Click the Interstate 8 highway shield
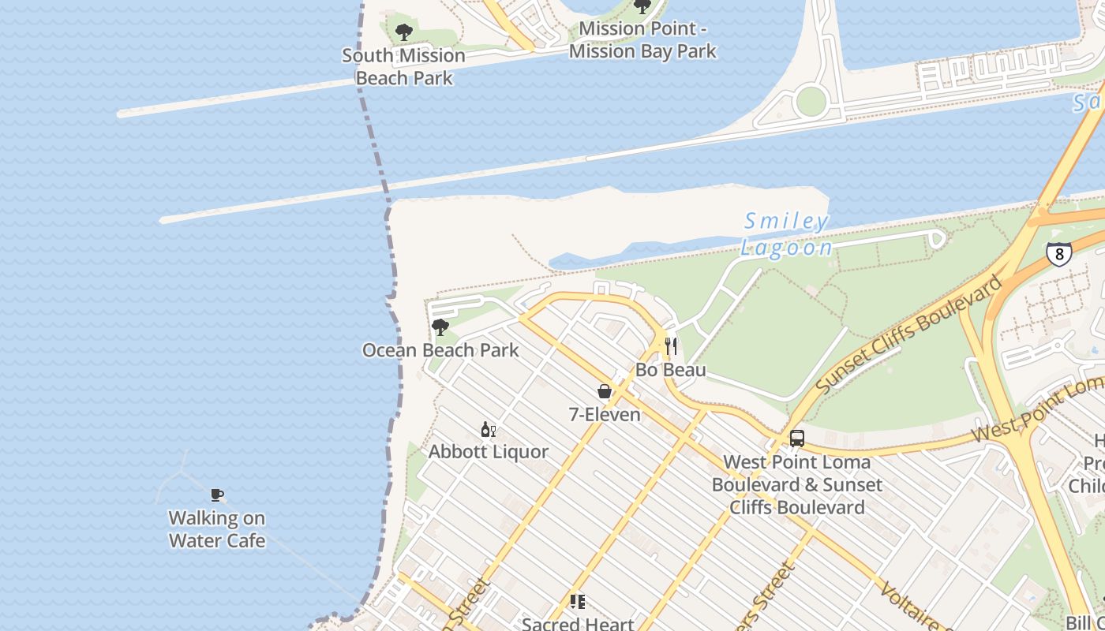(x=1058, y=253)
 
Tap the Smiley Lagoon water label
(x=786, y=234)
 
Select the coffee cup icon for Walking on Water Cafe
(x=217, y=495)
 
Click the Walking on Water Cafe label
(x=217, y=529)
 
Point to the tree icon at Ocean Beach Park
(x=440, y=327)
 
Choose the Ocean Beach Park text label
(x=440, y=350)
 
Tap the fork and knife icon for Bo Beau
(x=671, y=346)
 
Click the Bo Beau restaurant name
(x=671, y=370)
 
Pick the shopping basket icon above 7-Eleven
(x=605, y=390)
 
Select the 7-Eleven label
(x=605, y=414)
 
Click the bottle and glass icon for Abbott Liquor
(x=488, y=429)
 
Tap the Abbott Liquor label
(x=488, y=452)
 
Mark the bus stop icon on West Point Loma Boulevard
(x=797, y=439)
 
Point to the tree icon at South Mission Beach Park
(x=403, y=32)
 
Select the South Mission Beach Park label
(x=403, y=66)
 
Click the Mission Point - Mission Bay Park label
(x=642, y=40)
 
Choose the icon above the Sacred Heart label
(x=578, y=602)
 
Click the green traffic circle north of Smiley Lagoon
(x=811, y=101)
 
